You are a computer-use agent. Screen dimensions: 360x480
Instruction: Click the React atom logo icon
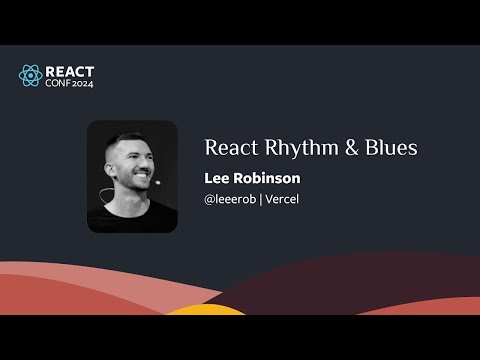pos(31,75)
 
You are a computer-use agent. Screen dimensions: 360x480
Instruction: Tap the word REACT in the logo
pos(71,70)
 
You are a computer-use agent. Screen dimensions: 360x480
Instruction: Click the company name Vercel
pos(283,199)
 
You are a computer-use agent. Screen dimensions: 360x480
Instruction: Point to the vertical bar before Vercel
pos(260,199)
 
